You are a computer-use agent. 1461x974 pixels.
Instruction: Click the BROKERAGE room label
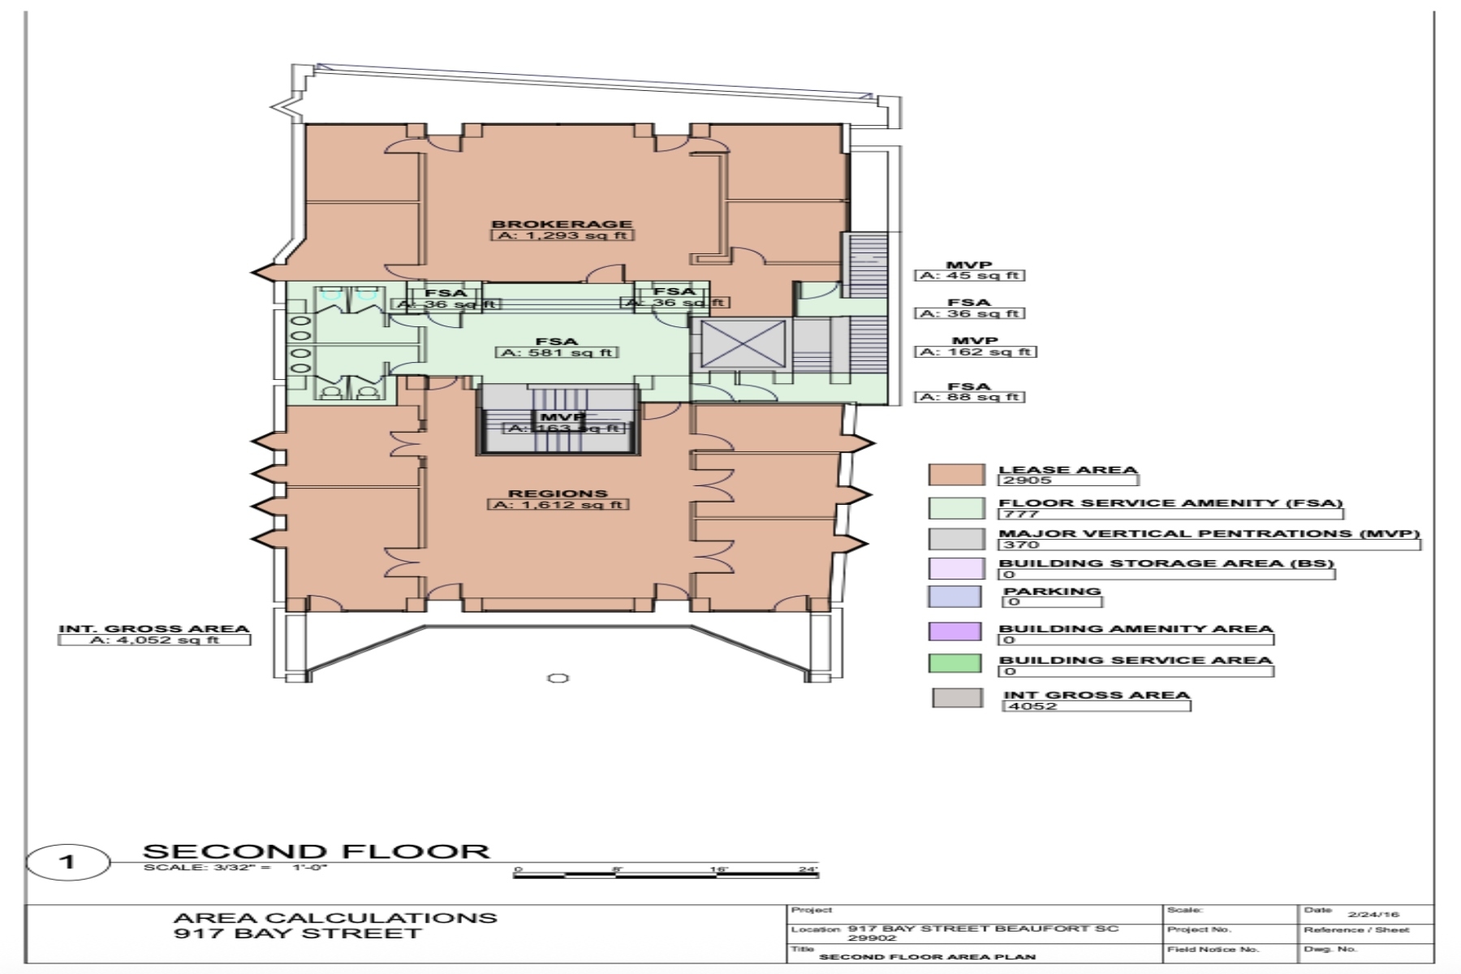pos(562,223)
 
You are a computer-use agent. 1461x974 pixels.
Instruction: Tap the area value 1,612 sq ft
pos(559,505)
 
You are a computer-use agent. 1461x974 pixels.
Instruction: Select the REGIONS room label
pos(558,493)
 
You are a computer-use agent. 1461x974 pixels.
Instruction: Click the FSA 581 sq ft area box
pos(557,352)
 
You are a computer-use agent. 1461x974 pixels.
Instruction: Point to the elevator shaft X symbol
pos(743,343)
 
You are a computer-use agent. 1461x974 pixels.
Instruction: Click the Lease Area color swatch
pos(957,475)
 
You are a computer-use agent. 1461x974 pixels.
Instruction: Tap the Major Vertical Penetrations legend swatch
pos(957,539)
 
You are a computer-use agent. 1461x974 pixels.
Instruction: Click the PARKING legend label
pos(1052,591)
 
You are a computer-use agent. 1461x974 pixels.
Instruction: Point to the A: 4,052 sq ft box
pos(154,640)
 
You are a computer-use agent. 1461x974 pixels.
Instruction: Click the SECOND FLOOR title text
pos(317,851)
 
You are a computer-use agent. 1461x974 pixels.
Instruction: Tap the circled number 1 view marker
pos(67,861)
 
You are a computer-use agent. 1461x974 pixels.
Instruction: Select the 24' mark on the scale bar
pos(808,869)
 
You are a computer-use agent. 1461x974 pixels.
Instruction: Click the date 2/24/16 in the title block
pos(1374,914)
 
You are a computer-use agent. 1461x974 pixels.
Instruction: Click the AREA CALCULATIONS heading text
pos(335,918)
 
